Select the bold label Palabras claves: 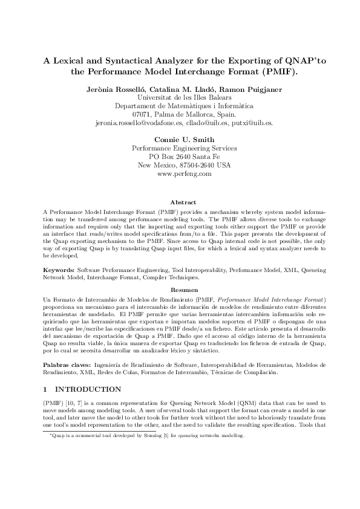pos(67,365)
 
